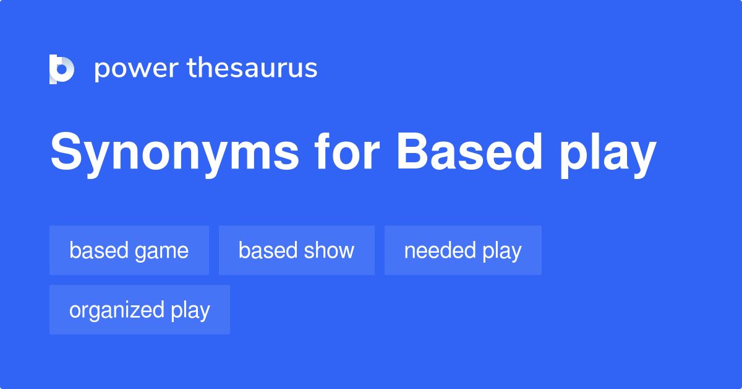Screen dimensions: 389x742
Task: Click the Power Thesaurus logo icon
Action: tap(62, 69)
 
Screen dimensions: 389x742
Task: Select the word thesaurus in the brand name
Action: tap(252, 68)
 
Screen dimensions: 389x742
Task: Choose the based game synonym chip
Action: tap(129, 250)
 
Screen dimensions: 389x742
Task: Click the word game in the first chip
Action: tap(164, 251)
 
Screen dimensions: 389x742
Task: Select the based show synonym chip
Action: tap(296, 250)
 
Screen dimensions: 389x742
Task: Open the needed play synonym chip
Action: tap(463, 250)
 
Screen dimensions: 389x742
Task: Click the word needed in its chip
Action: tap(440, 251)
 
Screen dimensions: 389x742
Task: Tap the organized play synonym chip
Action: tap(140, 310)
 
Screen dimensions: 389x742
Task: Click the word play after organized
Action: tap(190, 311)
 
